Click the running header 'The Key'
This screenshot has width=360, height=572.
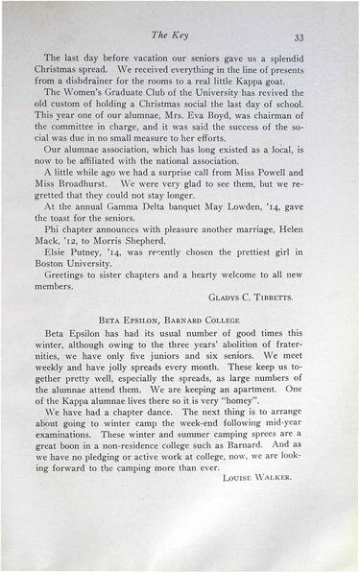coord(182,36)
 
